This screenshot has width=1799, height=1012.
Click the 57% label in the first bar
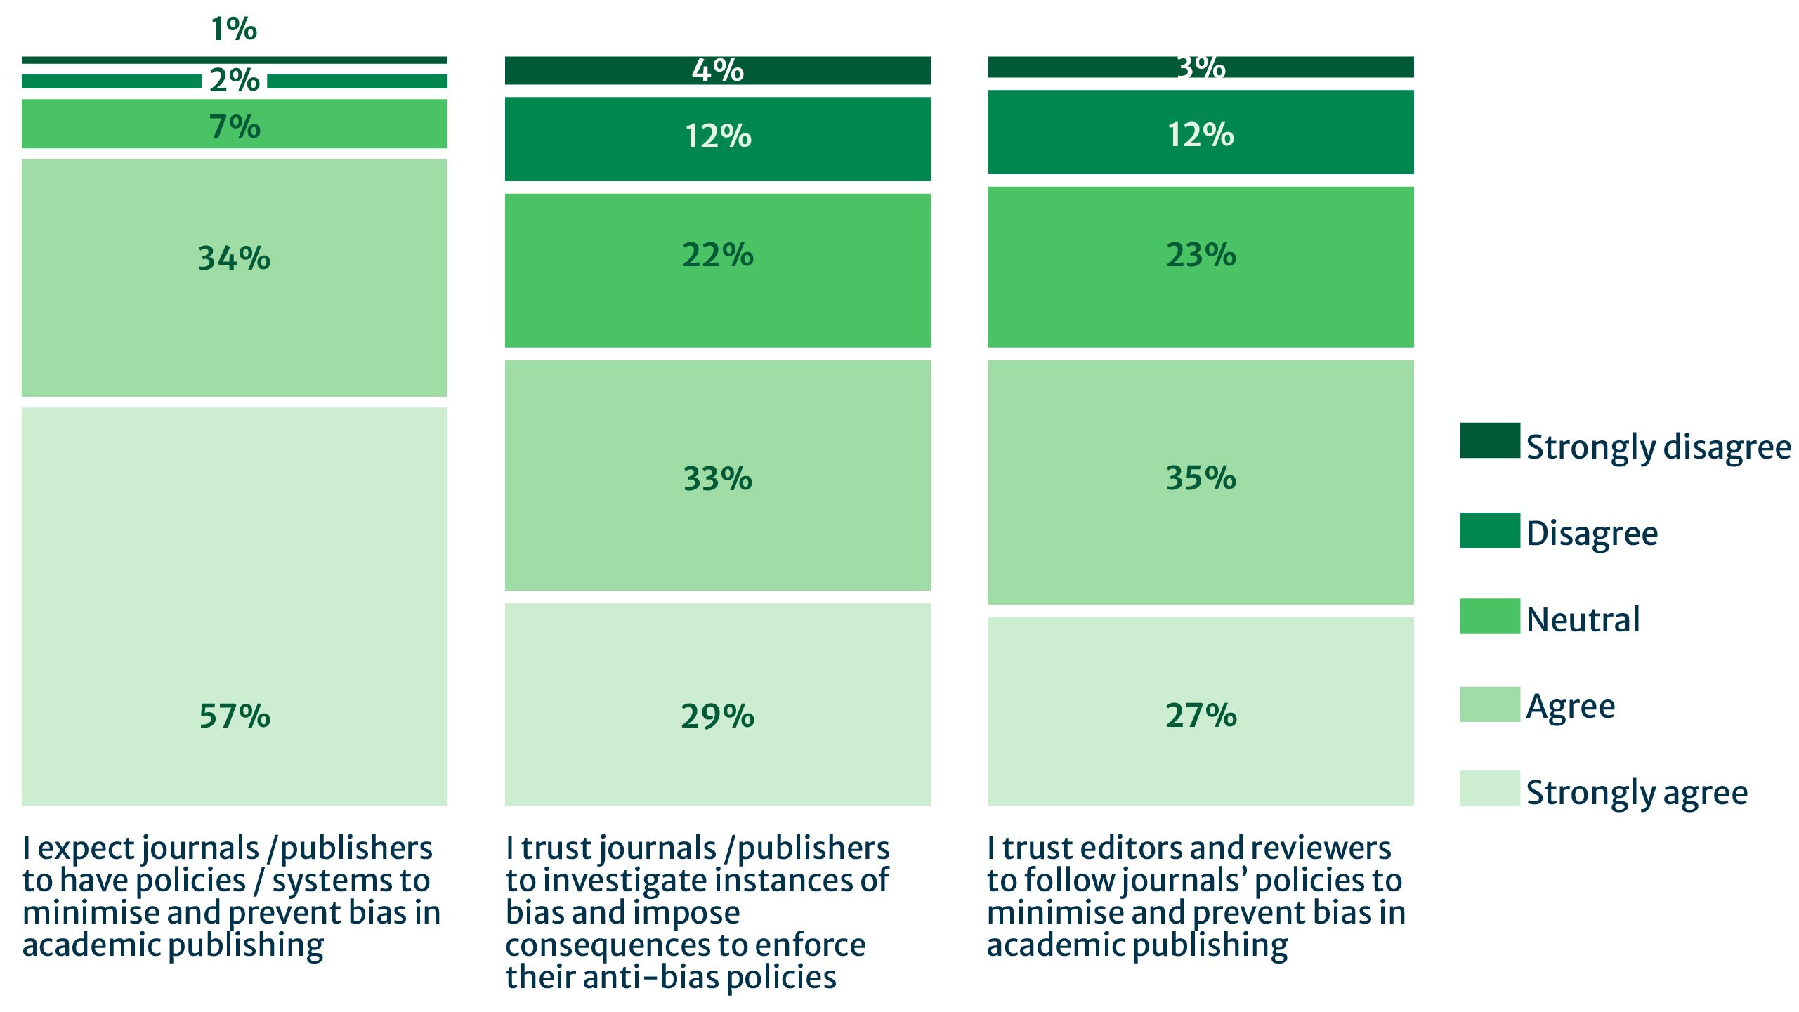[x=234, y=716]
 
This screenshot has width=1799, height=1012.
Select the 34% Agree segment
[x=234, y=277]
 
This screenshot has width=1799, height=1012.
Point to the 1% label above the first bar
[x=234, y=29]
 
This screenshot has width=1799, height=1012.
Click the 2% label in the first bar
[x=234, y=81]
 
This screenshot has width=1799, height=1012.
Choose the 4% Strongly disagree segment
[x=717, y=70]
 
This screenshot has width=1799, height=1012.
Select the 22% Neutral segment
[x=717, y=270]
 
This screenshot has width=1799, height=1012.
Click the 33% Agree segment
[x=717, y=475]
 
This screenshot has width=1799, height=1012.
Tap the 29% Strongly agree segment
[x=717, y=704]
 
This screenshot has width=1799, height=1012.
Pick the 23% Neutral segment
[x=1201, y=266]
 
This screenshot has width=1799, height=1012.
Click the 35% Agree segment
[x=1201, y=482]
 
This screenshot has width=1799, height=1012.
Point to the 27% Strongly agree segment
[x=1201, y=711]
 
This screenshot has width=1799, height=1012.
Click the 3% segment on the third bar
[x=1201, y=67]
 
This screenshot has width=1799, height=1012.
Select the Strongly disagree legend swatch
[x=1489, y=440]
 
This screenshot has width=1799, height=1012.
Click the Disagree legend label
[x=1591, y=533]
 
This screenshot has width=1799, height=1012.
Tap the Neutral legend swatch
[x=1489, y=616]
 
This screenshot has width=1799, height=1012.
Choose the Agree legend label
[x=1570, y=706]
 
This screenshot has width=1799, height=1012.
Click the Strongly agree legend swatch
[x=1489, y=788]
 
